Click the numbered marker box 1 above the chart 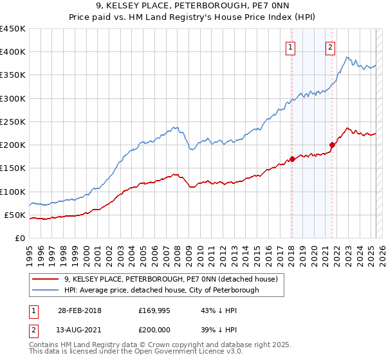pyautogui.click(x=290, y=46)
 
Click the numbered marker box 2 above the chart pyautogui.click(x=330, y=46)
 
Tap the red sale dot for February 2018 pyautogui.click(x=292, y=159)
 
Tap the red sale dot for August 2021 pyautogui.click(x=333, y=145)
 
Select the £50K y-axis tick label pyautogui.click(x=15, y=215)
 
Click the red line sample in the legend pyautogui.click(x=45, y=280)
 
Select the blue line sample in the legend pyautogui.click(x=45, y=290)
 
